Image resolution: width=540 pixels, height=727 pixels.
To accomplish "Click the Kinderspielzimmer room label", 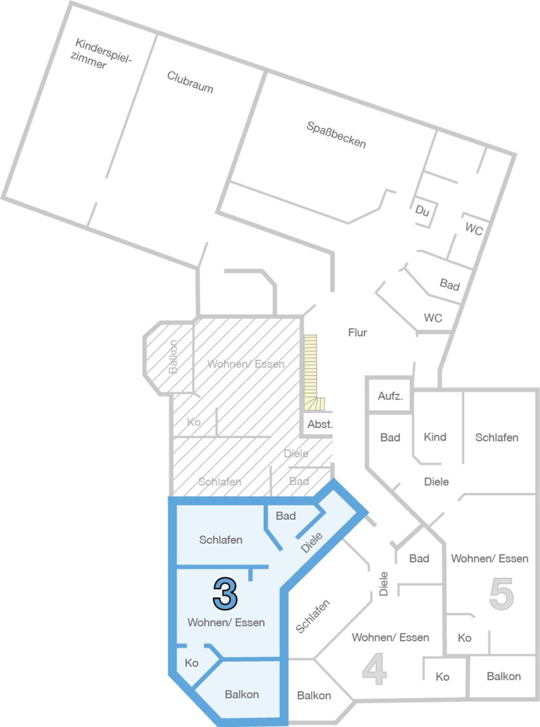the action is [x=101, y=53].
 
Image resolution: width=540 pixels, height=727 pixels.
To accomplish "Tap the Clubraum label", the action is [x=190, y=82].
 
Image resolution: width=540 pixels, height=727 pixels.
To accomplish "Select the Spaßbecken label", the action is [x=336, y=135].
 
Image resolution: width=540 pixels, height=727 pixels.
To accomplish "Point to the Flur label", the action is [x=357, y=333].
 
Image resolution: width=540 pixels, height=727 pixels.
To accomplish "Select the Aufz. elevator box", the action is [x=390, y=396].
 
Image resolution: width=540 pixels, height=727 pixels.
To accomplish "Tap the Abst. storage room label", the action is [x=320, y=424].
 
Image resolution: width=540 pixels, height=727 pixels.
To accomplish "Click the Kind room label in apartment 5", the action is [x=435, y=437].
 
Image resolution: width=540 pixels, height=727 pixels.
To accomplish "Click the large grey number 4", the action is [x=375, y=669].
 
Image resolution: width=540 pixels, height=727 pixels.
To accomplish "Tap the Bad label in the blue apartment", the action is [x=286, y=516].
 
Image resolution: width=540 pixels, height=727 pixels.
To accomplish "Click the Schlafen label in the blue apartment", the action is [x=221, y=540].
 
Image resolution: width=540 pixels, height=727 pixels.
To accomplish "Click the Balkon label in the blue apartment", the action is [x=242, y=694].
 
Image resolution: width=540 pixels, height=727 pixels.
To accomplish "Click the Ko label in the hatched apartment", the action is [x=194, y=422].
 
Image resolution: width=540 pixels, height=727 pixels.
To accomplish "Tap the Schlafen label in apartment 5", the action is [x=496, y=438].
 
